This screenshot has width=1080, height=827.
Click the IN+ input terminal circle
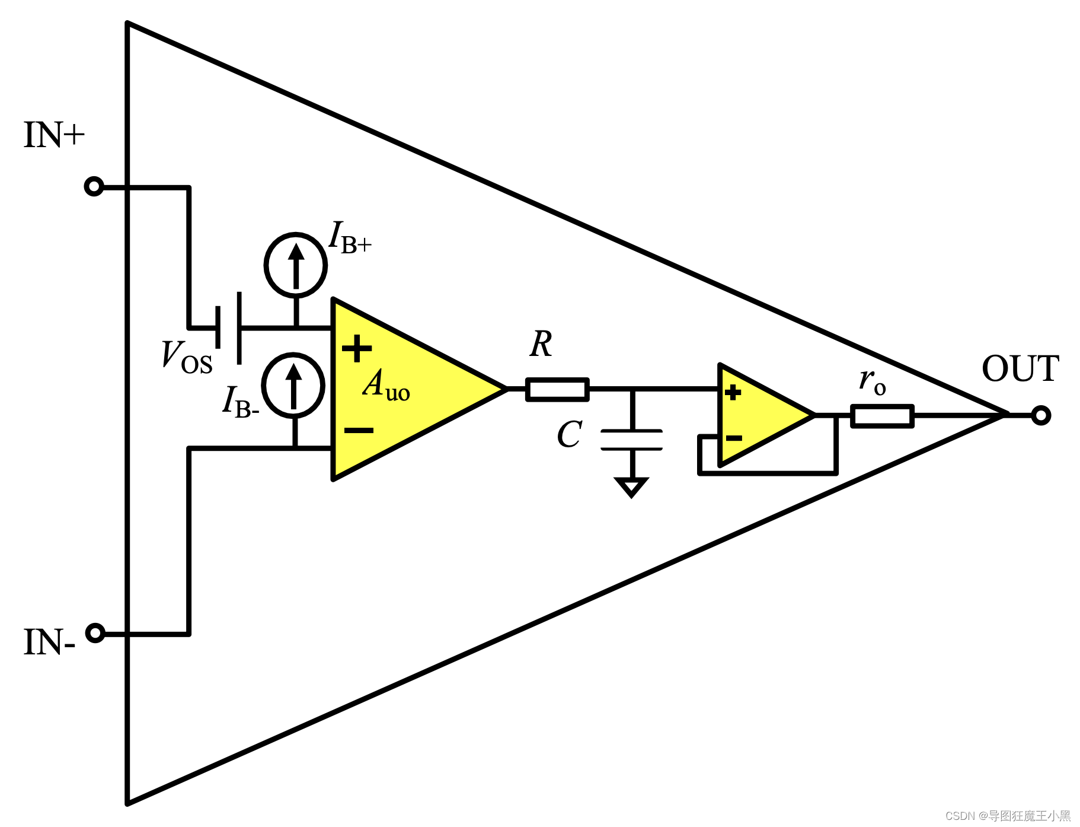(x=94, y=187)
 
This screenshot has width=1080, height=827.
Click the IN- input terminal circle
(x=95, y=633)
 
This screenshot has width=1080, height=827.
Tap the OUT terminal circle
(x=1041, y=415)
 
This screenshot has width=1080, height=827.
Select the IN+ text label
(x=54, y=135)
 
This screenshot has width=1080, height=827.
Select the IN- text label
(x=49, y=642)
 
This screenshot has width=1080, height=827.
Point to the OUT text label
(x=1020, y=368)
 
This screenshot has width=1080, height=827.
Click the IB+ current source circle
(x=296, y=265)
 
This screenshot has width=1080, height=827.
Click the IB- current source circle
(x=293, y=385)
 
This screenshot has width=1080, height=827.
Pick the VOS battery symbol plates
(x=229, y=327)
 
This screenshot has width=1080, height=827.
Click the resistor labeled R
(x=557, y=389)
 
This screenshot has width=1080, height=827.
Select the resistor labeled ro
(x=882, y=416)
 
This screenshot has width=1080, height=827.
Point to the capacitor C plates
(x=632, y=440)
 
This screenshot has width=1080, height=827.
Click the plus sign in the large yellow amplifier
(x=357, y=348)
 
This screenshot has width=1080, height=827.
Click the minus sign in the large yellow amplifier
(x=359, y=430)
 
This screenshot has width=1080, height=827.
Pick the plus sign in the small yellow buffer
(x=733, y=392)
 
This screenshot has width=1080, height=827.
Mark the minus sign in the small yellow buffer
(x=734, y=438)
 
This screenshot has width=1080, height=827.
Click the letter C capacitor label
(x=570, y=434)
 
